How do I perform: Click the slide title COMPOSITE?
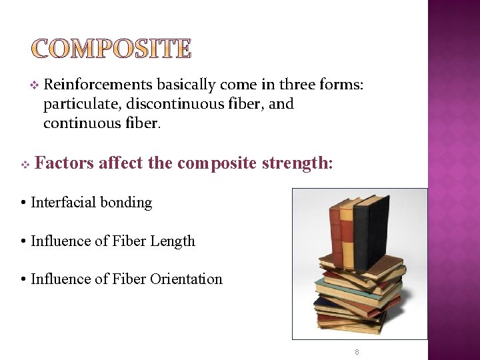[111, 49]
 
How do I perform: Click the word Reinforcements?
[99, 85]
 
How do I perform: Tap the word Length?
[173, 241]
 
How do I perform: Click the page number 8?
[357, 351]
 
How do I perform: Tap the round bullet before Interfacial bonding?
[23, 203]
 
